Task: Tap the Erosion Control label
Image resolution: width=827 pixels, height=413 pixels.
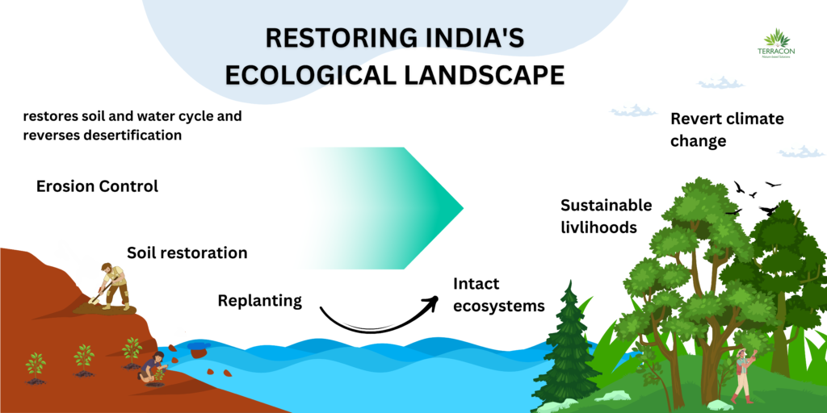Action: tap(97, 186)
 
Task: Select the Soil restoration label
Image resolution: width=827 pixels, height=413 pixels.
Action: tap(187, 252)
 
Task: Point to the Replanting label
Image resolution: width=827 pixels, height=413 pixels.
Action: tap(259, 301)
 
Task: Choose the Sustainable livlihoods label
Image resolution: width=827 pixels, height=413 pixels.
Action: tap(606, 216)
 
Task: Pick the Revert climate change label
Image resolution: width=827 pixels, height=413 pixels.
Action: tap(727, 129)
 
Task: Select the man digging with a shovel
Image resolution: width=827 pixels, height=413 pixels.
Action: tap(114, 285)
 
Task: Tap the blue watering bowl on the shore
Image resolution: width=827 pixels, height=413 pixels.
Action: tap(198, 348)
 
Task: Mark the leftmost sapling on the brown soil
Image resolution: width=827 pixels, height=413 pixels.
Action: tap(36, 366)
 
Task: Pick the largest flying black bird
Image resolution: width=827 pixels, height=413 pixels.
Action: tap(768, 210)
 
